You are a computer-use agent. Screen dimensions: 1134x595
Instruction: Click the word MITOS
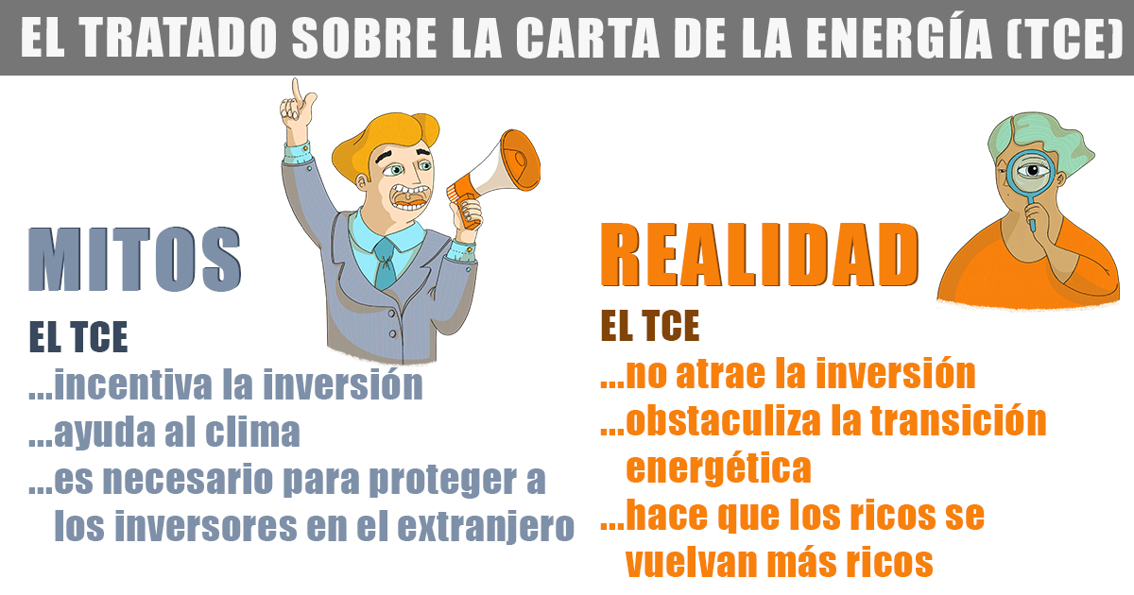[x=134, y=260]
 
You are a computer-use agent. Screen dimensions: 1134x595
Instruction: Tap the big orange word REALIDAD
[x=760, y=255]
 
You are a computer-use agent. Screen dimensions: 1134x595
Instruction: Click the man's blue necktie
[x=386, y=263]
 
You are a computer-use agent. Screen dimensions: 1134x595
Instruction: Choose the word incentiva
[x=133, y=385]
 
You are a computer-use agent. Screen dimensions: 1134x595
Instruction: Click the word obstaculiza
[x=724, y=421]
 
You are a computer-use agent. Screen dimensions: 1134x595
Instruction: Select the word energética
[x=718, y=469]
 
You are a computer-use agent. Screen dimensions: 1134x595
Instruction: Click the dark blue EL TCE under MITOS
[x=78, y=336]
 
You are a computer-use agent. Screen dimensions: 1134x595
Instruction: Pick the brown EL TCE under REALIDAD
[x=650, y=326]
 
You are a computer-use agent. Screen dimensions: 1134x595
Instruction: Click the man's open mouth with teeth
[x=409, y=197]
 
